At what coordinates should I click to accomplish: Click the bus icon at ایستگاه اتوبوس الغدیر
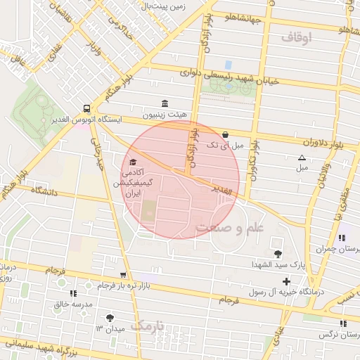[86, 109]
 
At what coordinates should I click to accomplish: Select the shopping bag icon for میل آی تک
[225, 134]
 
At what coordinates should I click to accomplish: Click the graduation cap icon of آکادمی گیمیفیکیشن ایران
[133, 163]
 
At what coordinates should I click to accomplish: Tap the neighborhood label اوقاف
[295, 37]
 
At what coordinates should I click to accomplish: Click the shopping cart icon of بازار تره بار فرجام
[124, 275]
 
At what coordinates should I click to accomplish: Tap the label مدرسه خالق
[73, 304]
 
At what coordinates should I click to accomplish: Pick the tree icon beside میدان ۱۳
[109, 318]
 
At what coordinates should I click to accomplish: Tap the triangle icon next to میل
[302, 157]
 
